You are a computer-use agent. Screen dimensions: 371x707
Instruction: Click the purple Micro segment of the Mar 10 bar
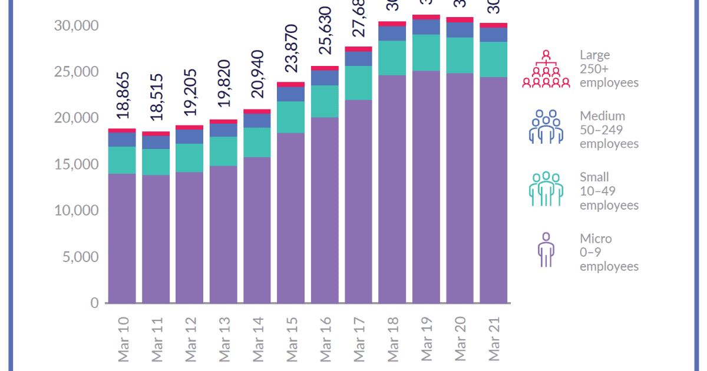122,238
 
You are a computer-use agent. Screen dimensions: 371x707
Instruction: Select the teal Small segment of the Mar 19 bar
426,53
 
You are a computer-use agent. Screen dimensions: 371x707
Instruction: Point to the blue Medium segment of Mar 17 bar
359,59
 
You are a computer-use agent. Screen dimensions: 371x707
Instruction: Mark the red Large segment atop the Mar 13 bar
223,121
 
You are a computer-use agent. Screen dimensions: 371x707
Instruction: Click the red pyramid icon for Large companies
546,69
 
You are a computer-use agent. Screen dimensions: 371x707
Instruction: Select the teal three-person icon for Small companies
546,188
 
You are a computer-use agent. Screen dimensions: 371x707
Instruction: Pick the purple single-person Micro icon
546,250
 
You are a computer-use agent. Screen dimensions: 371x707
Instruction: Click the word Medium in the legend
602,116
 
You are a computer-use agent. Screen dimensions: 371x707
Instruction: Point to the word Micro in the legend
596,238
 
